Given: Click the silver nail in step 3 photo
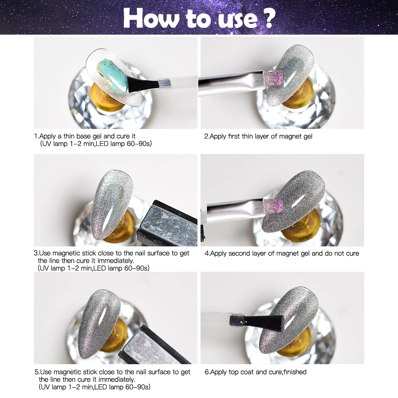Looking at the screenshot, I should click(x=111, y=199).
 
